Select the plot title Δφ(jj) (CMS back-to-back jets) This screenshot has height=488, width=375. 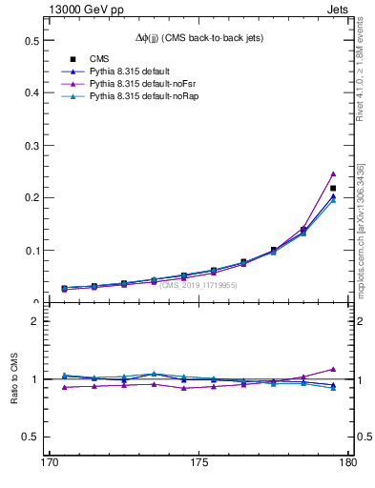point(198,37)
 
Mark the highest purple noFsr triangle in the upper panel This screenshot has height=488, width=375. point(333,173)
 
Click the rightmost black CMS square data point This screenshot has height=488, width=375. point(333,188)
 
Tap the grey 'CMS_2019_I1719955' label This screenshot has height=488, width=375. point(198,285)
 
